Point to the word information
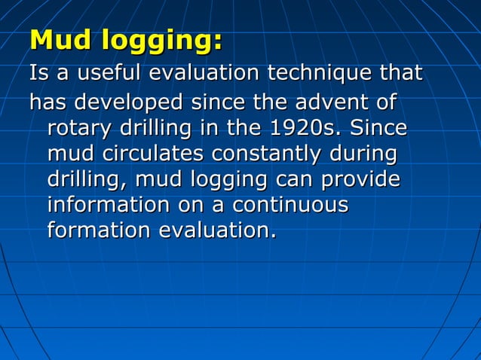(109, 206)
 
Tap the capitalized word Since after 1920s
(378, 127)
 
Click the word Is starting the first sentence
(38, 74)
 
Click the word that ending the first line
(400, 74)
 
